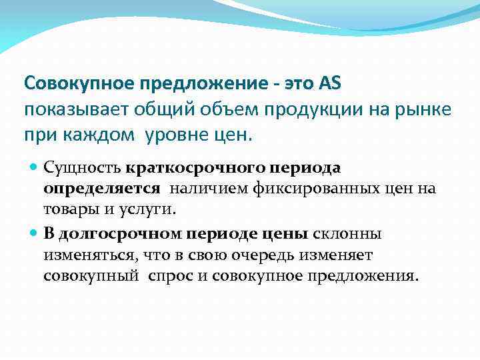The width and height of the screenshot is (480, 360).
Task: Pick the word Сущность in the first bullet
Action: pyautogui.click(x=82, y=167)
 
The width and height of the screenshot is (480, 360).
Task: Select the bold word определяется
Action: pyautogui.click(x=102, y=188)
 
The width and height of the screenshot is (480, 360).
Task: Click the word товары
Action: pyautogui.click(x=69, y=209)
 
